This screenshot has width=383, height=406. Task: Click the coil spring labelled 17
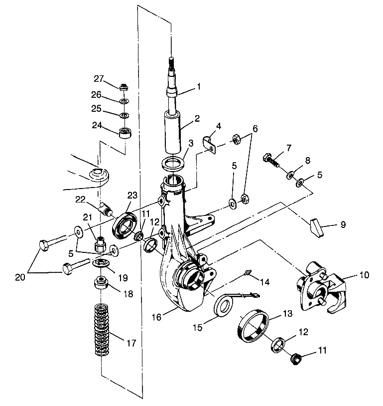(x=102, y=330)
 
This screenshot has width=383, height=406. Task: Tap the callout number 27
(x=99, y=78)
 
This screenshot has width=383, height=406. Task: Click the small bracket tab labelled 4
(x=210, y=144)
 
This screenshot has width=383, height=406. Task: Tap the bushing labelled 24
(x=124, y=133)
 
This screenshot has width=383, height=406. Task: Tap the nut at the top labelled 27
(x=123, y=86)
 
